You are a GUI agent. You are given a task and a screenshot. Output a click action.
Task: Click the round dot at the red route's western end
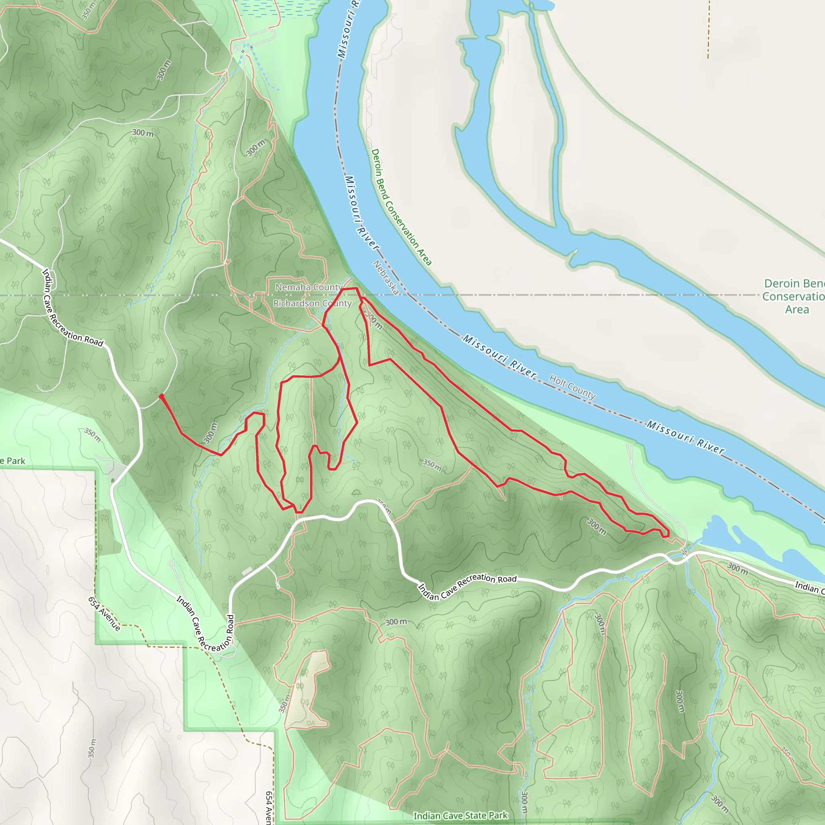162,396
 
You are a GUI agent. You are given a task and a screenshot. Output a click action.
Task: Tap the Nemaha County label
309,287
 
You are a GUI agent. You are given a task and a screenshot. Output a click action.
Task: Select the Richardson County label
312,303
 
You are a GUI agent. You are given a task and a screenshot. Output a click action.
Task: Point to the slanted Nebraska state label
386,278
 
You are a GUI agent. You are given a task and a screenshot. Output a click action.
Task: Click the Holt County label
572,386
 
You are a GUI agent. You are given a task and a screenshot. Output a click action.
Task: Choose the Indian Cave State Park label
460,816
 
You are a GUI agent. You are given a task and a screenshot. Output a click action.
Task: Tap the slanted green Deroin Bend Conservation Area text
401,207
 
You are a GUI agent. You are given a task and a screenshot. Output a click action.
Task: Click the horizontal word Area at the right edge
797,310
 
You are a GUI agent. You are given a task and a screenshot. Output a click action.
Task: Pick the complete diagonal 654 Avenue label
104,614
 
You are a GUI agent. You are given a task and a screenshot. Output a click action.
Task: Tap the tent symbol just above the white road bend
356,493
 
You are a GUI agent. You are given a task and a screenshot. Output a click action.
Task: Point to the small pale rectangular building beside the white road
247,571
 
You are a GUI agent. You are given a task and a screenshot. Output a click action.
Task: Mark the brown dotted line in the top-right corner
709,30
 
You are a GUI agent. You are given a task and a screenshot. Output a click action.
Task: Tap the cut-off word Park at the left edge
14,461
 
